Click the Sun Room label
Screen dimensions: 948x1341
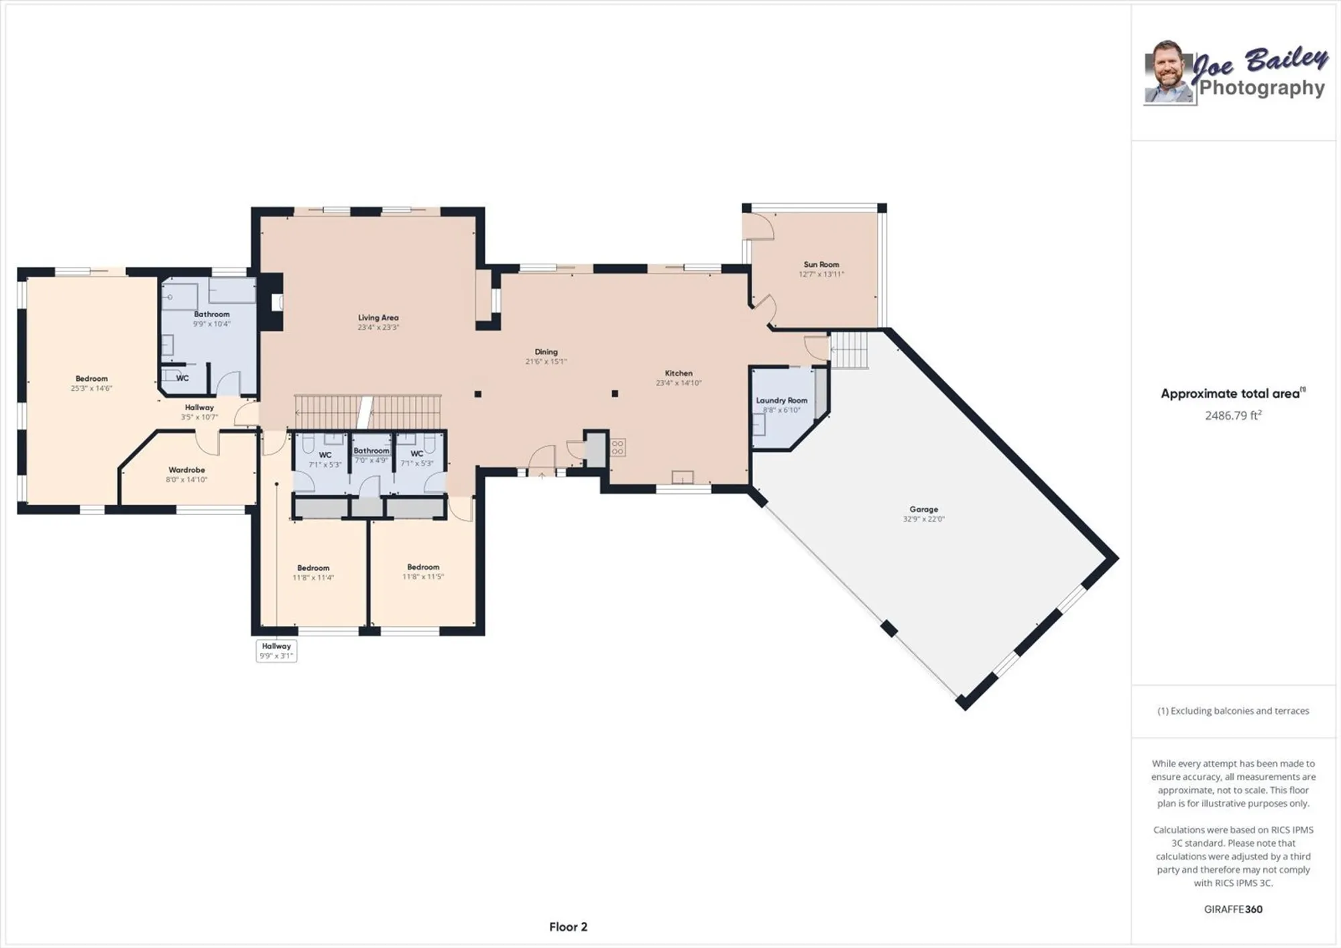[x=821, y=265]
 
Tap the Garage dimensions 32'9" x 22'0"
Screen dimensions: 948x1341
[x=923, y=519]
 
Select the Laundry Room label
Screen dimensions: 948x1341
[x=781, y=400]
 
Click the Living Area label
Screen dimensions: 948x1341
[x=378, y=318]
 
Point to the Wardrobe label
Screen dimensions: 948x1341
[x=186, y=470]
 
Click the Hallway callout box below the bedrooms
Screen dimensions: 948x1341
[x=276, y=650]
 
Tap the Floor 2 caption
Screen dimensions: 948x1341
[x=568, y=927]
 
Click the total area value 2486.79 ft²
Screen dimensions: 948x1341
[x=1233, y=416]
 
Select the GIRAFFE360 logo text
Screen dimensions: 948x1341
[x=1233, y=909]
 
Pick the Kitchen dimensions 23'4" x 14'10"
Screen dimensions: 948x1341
[x=679, y=383]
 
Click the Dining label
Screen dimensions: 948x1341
[x=546, y=352]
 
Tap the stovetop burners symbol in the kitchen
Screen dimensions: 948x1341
[x=618, y=447]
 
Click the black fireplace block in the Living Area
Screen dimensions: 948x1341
[x=272, y=302]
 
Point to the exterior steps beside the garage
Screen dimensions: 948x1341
[x=850, y=349]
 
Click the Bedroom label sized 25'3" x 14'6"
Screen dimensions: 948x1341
[x=91, y=379]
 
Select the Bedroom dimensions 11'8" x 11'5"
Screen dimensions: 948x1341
[x=423, y=577]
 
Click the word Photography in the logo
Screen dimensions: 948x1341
[x=1261, y=88]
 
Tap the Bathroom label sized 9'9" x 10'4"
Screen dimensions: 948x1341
[x=211, y=314]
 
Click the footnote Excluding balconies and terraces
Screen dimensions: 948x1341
[x=1233, y=711]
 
